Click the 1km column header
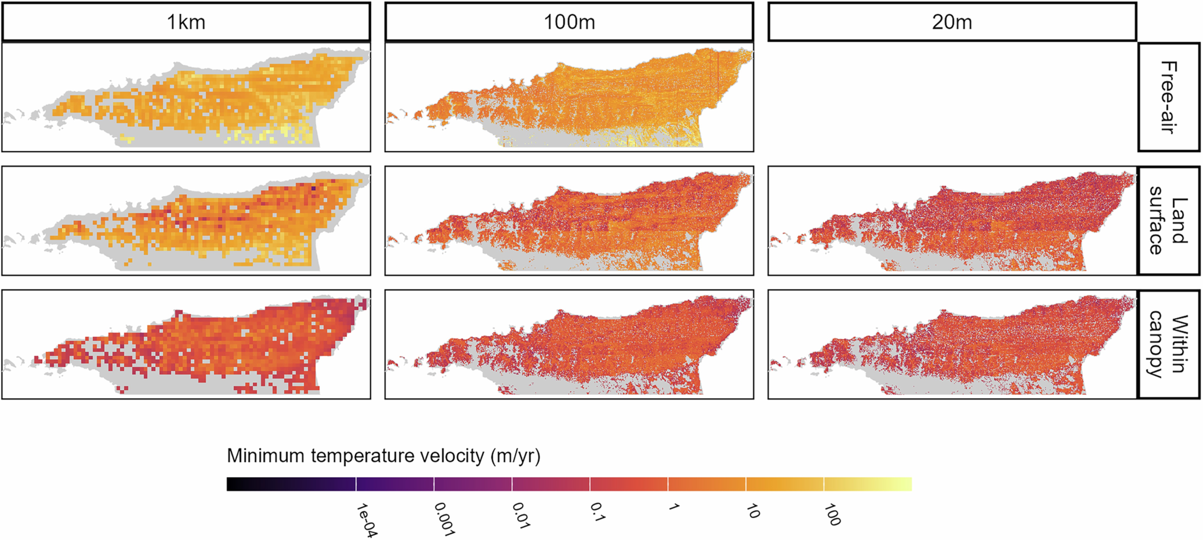pyautogui.click(x=186, y=22)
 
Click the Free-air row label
pyautogui.click(x=1169, y=97)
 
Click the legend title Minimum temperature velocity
pyautogui.click(x=383, y=455)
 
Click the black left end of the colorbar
pyautogui.click(x=234, y=484)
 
